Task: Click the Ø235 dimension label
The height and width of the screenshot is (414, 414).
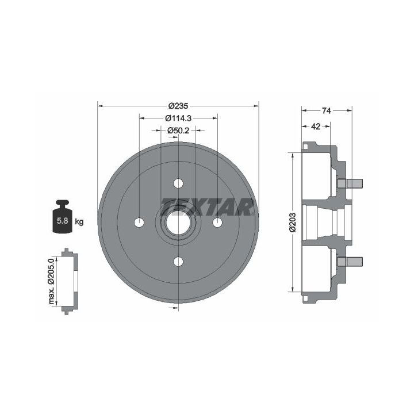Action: click(x=178, y=106)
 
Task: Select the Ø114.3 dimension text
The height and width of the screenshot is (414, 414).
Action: click(x=178, y=118)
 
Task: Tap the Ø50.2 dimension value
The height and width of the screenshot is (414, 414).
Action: click(x=178, y=131)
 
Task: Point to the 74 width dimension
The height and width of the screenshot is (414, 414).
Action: click(x=327, y=111)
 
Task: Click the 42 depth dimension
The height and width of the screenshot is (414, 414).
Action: click(x=316, y=126)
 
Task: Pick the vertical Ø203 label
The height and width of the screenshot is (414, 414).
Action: click(x=293, y=223)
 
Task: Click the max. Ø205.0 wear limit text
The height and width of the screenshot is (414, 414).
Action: click(x=51, y=281)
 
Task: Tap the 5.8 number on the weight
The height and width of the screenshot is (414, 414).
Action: click(x=63, y=221)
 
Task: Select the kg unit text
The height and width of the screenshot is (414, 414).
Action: click(x=79, y=222)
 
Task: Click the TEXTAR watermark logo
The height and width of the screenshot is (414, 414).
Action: click(x=207, y=207)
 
